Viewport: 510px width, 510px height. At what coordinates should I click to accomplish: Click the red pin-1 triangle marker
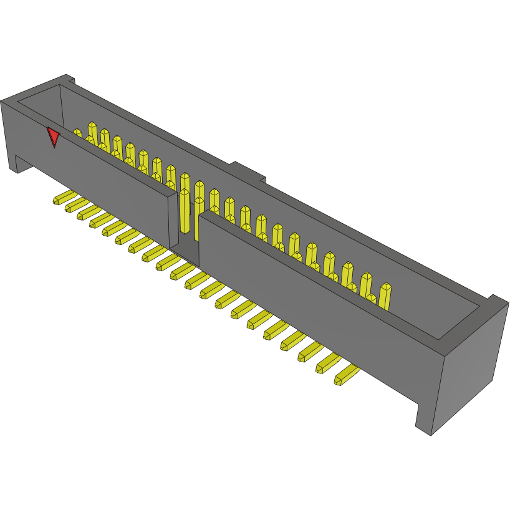[54, 136]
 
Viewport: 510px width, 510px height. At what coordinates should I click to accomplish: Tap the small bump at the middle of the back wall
[248, 171]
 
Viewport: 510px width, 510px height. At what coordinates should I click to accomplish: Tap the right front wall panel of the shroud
[312, 299]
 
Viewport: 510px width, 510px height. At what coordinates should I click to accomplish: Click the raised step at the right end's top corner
[497, 302]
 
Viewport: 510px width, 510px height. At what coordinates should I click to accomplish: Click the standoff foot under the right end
[424, 418]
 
